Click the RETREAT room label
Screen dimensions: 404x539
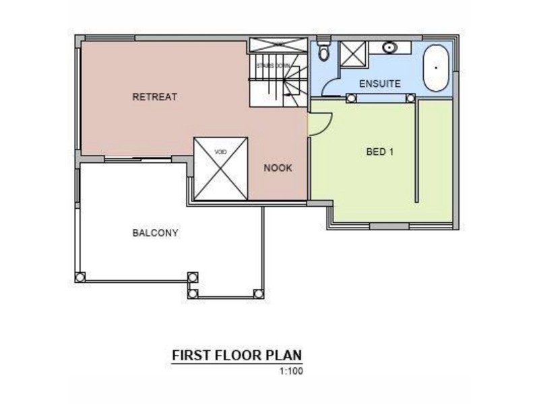click(x=154, y=97)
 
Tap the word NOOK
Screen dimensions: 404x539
click(x=278, y=168)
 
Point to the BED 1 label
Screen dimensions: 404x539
click(x=379, y=151)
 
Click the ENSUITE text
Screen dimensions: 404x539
click(x=380, y=84)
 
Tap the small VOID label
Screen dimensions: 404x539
click(x=220, y=151)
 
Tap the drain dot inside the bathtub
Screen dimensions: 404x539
click(x=436, y=67)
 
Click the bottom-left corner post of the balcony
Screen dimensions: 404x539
click(x=80, y=276)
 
